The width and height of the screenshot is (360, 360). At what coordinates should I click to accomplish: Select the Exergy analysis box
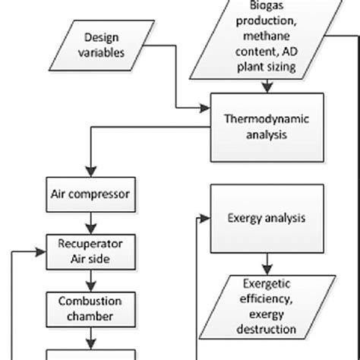pos(261,219)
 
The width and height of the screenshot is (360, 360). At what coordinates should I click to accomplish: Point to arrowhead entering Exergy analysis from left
pos(206,219)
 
